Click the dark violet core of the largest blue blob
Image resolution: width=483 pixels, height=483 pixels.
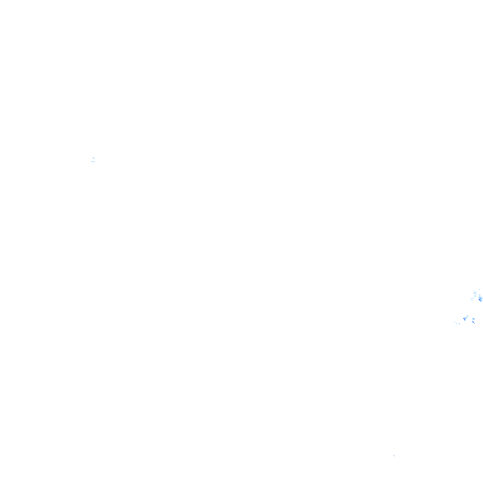click(x=480, y=300)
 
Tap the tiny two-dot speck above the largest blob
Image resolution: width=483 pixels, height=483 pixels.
click(x=479, y=290)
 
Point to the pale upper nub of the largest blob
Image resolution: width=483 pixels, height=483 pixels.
click(x=479, y=295)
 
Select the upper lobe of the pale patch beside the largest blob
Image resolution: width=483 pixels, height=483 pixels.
click(x=475, y=293)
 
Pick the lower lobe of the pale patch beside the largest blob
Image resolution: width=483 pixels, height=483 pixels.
click(x=475, y=296)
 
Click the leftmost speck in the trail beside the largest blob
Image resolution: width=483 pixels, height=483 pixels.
click(x=470, y=300)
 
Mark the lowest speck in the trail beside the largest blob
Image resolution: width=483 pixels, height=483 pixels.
click(x=472, y=301)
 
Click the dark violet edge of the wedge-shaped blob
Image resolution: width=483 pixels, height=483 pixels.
click(x=464, y=319)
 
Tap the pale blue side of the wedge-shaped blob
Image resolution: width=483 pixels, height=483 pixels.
click(x=466, y=318)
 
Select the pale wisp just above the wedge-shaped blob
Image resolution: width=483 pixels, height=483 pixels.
click(x=467, y=316)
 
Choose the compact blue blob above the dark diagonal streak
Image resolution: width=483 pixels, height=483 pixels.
click(x=474, y=319)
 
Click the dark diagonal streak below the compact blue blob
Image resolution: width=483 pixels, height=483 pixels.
click(x=474, y=322)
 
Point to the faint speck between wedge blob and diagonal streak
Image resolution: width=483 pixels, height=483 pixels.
click(x=470, y=322)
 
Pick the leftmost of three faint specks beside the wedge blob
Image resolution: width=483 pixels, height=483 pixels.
click(x=455, y=322)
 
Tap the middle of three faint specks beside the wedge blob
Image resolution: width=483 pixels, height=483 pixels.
click(x=456, y=323)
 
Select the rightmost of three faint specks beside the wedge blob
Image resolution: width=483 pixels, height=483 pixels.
click(x=459, y=324)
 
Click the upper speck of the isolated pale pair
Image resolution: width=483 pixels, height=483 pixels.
click(x=93, y=158)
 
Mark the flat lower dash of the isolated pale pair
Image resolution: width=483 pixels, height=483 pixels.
click(x=93, y=162)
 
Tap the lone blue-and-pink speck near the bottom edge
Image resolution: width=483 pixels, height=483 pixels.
click(x=394, y=455)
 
